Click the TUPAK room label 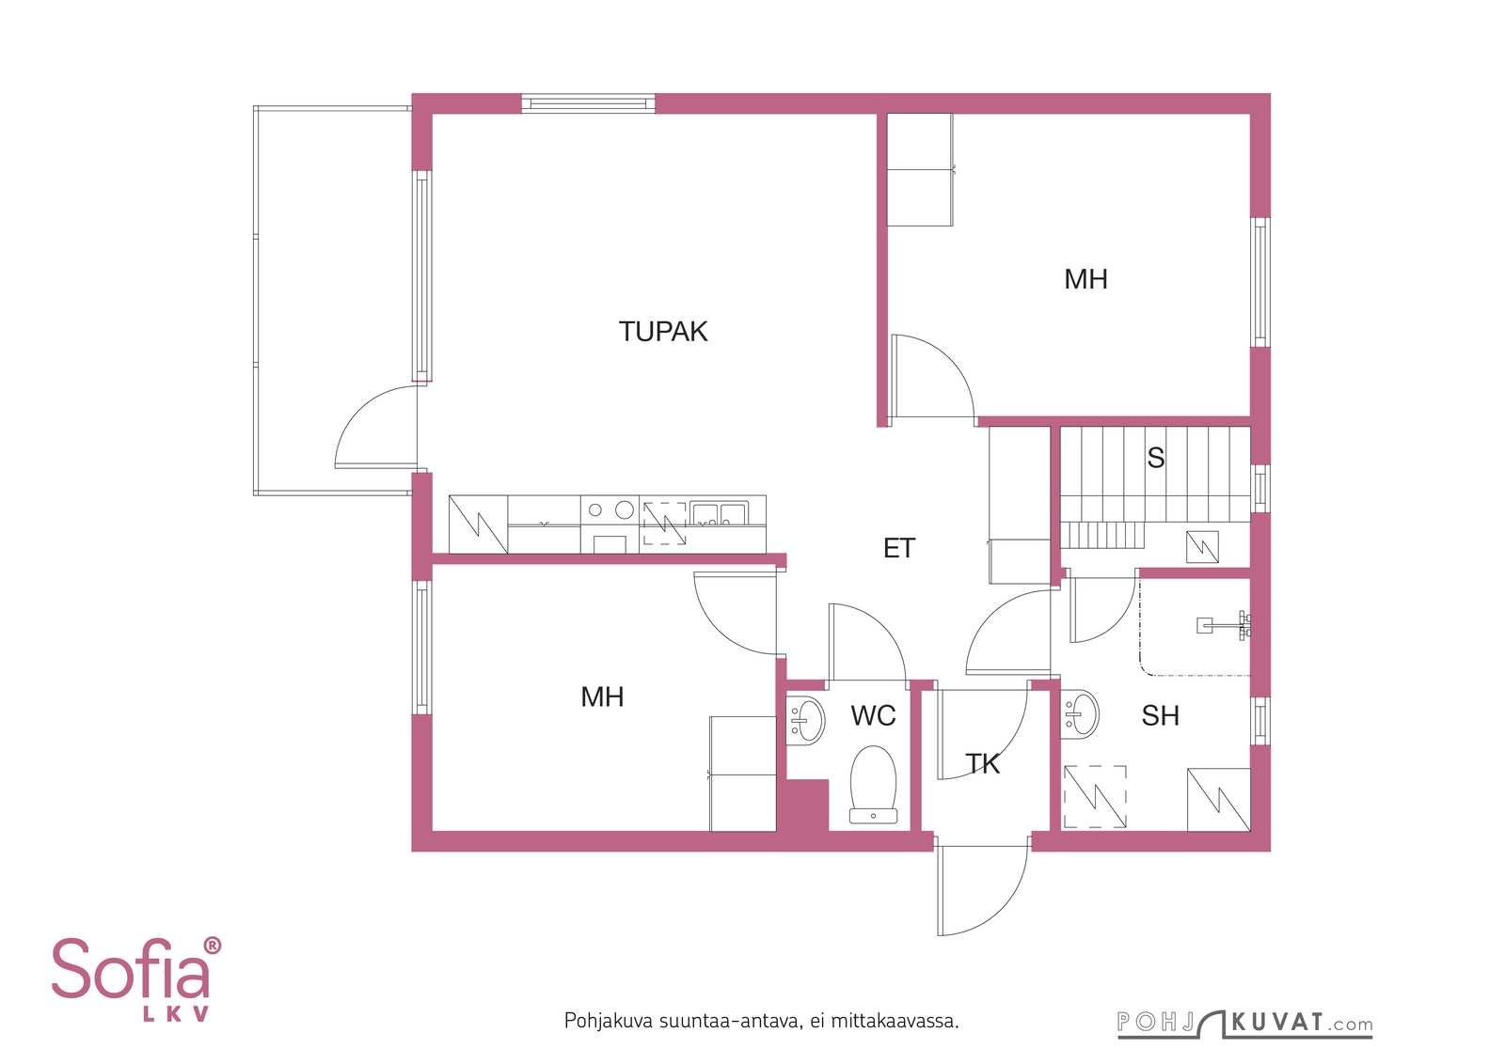[x=662, y=332]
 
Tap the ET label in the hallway [x=899, y=548]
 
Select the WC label [x=873, y=715]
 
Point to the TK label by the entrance [x=982, y=764]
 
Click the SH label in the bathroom [x=1161, y=715]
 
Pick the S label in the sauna [x=1156, y=458]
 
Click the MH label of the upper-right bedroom [x=1085, y=279]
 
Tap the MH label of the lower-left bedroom [x=602, y=696]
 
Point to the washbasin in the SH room [x=1080, y=714]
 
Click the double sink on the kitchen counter [x=719, y=513]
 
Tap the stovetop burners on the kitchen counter [x=610, y=510]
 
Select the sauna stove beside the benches [x=1202, y=547]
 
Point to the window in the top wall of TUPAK [x=588, y=103]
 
